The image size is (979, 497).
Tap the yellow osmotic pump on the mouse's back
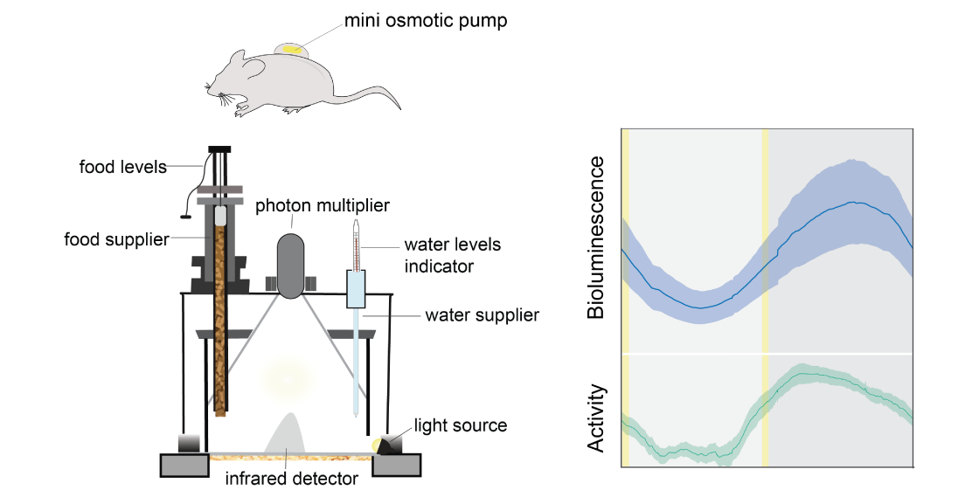pyautogui.click(x=293, y=51)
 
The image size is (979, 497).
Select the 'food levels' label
pyautogui.click(x=122, y=166)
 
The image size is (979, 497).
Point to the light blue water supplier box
pyautogui.click(x=357, y=289)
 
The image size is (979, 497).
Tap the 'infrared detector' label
pyautogui.click(x=292, y=478)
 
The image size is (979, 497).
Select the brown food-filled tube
pyautogui.click(x=222, y=323)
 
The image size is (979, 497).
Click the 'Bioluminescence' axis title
pyautogui.click(x=595, y=238)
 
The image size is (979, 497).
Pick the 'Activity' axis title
pyautogui.click(x=595, y=418)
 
